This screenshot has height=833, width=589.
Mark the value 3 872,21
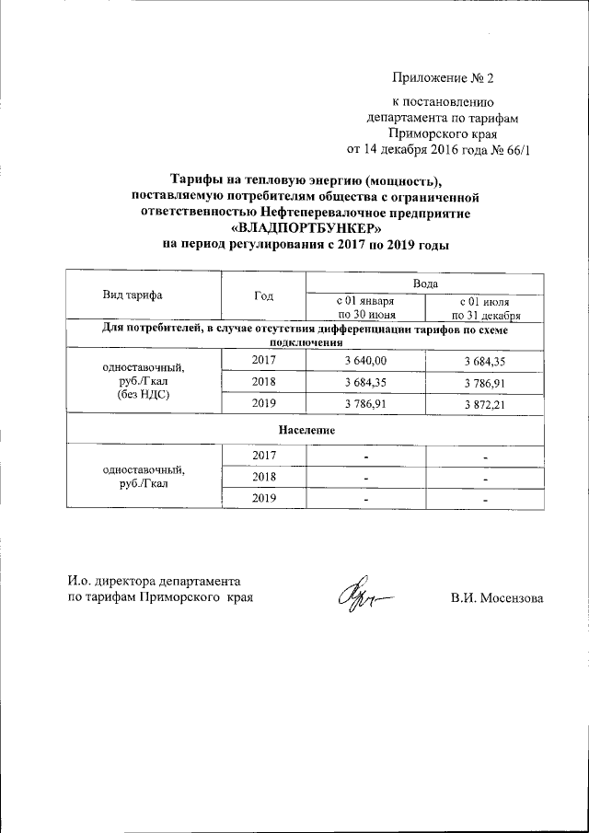coord(486,403)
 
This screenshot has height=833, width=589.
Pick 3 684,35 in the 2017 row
coord(486,361)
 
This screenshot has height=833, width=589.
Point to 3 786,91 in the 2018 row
coord(486,382)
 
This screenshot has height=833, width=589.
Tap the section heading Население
coord(307,430)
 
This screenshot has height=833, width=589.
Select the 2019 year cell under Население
coord(263,498)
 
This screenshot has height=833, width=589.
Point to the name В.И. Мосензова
coord(497,598)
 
